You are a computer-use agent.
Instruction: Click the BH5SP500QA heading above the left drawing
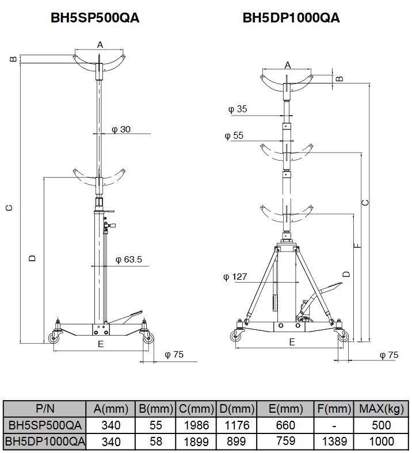click(x=95, y=18)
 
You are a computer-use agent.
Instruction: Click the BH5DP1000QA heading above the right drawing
click(x=291, y=18)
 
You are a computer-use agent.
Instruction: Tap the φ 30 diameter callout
click(x=121, y=130)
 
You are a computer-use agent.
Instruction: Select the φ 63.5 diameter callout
click(x=128, y=260)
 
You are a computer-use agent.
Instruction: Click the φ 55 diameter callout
click(x=234, y=135)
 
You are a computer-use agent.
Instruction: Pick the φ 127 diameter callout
click(x=235, y=277)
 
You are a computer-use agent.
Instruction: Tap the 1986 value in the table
click(x=196, y=425)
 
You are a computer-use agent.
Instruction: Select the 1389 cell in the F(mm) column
click(x=333, y=441)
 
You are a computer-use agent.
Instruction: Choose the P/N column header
click(x=45, y=409)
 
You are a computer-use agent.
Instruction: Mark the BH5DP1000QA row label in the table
click(x=45, y=441)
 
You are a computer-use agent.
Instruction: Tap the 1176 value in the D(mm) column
click(x=236, y=425)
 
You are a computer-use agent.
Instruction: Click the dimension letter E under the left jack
click(x=100, y=344)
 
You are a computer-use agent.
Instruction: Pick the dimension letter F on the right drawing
click(x=357, y=246)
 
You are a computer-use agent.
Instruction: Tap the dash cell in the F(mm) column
click(x=333, y=425)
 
